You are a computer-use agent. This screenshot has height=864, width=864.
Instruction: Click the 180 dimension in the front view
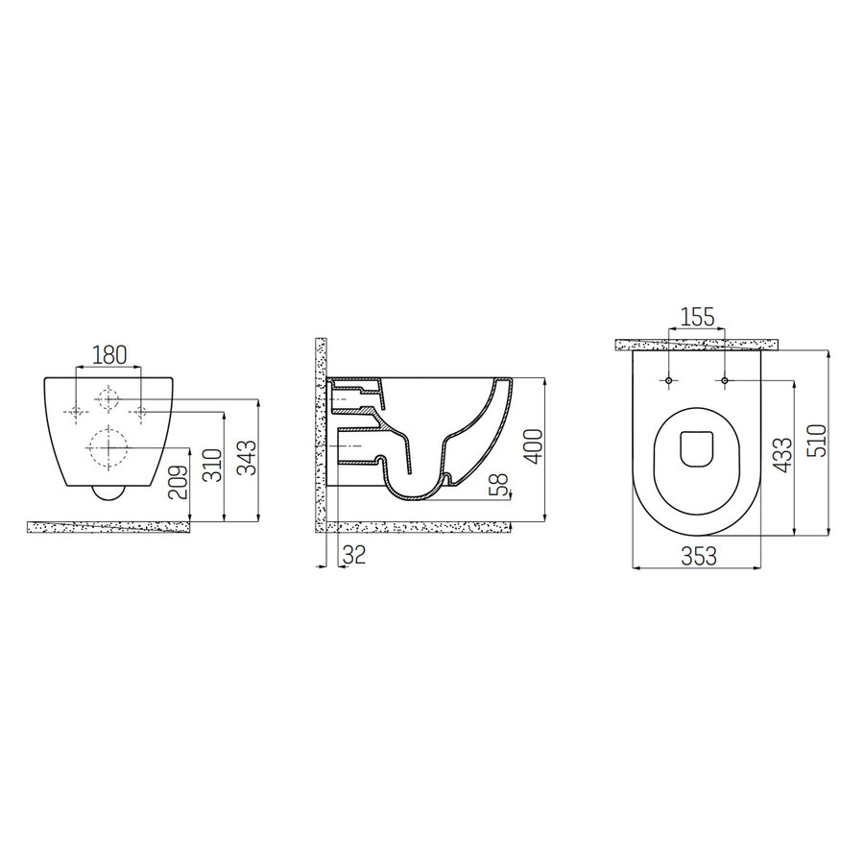tap(108, 354)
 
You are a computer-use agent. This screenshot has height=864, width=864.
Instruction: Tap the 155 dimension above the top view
tap(696, 317)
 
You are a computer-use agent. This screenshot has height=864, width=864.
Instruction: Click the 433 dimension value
tap(783, 455)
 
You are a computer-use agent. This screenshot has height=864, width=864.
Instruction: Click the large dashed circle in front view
tap(108, 444)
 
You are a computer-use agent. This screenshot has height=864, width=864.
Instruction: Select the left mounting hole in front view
tap(78, 413)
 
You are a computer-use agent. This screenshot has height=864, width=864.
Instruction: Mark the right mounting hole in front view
tap(140, 413)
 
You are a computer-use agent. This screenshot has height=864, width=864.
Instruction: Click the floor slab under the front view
tap(108, 526)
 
